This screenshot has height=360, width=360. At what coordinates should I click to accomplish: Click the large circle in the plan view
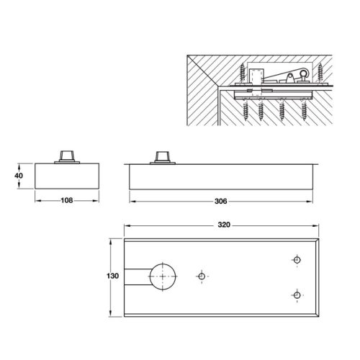pos(165,276)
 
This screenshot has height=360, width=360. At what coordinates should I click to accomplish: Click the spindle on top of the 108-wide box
pos(68,156)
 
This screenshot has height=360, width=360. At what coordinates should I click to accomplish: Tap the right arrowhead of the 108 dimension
pos(98,201)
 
